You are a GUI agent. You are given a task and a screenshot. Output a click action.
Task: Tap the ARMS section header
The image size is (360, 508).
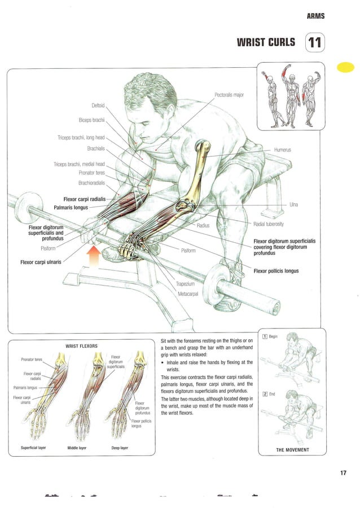click(315, 16)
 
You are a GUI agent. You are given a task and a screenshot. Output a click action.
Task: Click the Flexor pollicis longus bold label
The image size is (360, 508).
click(276, 271)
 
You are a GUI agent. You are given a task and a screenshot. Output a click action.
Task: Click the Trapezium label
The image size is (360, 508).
click(186, 284)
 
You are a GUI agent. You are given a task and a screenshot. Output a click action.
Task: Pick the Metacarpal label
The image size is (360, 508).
click(189, 294)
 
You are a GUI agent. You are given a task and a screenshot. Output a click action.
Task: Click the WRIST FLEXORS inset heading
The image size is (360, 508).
click(82, 345)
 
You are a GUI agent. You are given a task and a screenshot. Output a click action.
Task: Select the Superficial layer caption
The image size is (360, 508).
click(33, 448)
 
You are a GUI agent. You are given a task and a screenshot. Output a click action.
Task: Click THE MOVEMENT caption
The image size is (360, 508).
click(292, 450)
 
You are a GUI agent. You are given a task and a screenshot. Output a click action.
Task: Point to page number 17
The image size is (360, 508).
click(343, 473)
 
